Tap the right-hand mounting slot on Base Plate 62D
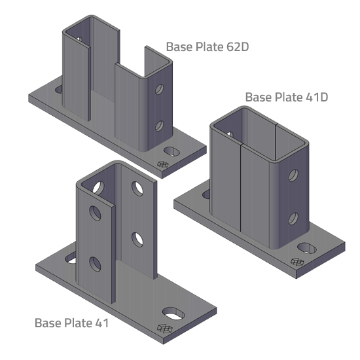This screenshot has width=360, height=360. (172, 151)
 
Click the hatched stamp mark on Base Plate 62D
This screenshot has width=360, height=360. (162, 164)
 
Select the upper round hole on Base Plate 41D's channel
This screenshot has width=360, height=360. (293, 175)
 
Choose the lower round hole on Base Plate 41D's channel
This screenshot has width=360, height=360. (293, 217)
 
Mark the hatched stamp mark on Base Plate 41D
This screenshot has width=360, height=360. (296, 261)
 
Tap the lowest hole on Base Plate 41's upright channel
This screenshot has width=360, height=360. (95, 263)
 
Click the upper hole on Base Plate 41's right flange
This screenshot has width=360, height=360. (138, 188)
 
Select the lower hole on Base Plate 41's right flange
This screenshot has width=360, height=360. (138, 238)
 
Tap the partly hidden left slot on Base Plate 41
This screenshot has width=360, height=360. (70, 256)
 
